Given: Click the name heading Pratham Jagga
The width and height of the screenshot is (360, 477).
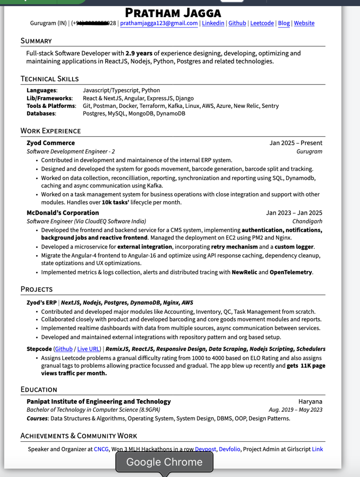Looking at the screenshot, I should tap(173, 12).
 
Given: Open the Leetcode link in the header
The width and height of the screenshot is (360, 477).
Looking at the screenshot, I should tap(262, 23).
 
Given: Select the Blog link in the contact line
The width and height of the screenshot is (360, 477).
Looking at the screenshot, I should tap(284, 23).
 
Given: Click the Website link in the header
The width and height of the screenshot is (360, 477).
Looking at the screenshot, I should tap(304, 23).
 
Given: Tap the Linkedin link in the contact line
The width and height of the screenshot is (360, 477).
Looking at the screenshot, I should tap(213, 23).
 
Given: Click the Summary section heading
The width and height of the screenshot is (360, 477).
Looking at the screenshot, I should tap(36, 41).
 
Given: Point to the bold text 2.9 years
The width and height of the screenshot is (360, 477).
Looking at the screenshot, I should tap(139, 53).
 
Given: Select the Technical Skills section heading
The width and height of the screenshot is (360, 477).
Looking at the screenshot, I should tap(50, 79).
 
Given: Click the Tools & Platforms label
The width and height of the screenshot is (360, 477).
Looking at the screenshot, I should tap(51, 106).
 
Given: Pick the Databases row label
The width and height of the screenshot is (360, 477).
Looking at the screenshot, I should tap(41, 114).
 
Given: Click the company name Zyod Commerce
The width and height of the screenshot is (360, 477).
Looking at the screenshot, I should tap(51, 143).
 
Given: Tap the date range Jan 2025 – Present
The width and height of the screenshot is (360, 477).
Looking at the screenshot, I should tap(296, 143).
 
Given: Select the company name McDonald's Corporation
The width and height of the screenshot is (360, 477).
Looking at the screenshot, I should tap(62, 213).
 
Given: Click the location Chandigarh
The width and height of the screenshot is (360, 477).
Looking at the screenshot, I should tap(307, 221).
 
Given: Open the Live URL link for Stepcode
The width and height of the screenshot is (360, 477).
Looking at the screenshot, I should tap(89, 349).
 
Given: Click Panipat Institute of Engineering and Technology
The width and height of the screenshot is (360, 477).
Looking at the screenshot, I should tap(98, 402).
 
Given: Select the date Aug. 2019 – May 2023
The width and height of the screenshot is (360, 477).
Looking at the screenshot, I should tap(295, 410).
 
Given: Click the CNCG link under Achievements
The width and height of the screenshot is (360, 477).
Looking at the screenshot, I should tap(101, 449).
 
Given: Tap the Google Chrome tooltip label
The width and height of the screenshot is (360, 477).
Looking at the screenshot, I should tap(164, 462).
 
